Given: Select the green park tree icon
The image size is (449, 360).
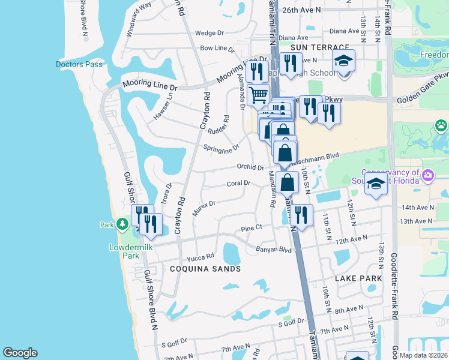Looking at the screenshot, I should coord(122,224).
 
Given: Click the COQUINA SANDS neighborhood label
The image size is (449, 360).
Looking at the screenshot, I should coord(205,269).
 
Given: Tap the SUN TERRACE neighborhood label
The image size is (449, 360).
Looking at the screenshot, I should coord(319,47).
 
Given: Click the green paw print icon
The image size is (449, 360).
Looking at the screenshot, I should coord(442,126).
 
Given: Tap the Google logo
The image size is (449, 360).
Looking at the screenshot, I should coord(20,353).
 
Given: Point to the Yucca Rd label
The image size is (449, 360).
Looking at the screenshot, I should coord(201,257).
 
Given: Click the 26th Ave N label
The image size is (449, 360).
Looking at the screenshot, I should coord(301,10).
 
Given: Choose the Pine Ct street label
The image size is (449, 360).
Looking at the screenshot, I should coord(252,228).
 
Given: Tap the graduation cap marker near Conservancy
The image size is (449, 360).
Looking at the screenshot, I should coord(376,184).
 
